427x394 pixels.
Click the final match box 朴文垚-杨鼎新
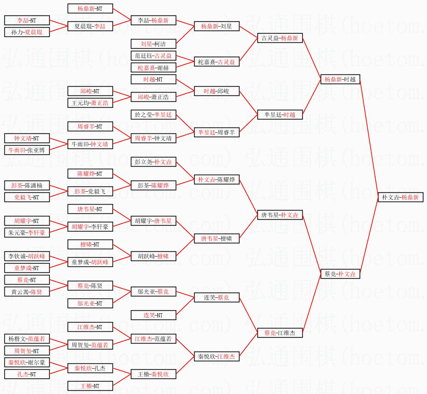click(401, 197)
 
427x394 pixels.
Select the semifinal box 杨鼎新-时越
click(340, 79)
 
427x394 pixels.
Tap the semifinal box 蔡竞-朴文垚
click(340, 274)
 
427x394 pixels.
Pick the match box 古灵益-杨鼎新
click(280, 38)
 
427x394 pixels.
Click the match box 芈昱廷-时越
click(280, 115)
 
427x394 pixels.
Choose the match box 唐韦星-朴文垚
click(280, 215)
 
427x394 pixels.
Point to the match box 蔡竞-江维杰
click(280, 333)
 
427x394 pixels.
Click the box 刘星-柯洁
click(153, 44)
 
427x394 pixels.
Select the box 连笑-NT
click(153, 315)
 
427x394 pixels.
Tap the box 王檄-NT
click(90, 386)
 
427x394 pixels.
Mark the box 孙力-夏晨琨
click(27, 32)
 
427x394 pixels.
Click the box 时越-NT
click(153, 79)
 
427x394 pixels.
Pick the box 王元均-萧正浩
click(90, 103)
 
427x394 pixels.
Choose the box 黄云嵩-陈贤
click(27, 292)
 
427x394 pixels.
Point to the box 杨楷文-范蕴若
click(27, 339)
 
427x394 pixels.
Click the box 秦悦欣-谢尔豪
click(27, 362)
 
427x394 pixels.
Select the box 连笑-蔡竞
click(217, 297)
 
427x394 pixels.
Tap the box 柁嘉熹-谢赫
click(153, 67)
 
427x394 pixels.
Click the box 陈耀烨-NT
click(90, 174)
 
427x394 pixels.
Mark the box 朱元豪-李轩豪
click(27, 233)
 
